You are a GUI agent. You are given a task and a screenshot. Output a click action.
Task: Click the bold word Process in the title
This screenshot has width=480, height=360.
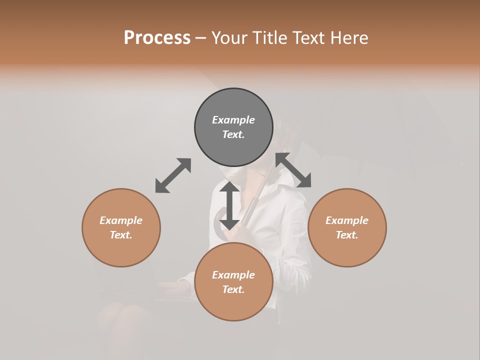coord(157,38)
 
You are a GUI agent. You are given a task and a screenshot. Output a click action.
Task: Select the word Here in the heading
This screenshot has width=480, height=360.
coord(349,38)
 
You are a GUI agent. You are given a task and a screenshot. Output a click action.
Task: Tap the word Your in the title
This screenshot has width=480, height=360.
coord(229,38)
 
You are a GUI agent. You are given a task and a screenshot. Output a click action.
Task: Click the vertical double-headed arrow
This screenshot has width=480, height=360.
coord(229,205)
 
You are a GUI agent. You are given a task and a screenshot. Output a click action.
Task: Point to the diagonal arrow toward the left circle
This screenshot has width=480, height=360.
coord(173,175)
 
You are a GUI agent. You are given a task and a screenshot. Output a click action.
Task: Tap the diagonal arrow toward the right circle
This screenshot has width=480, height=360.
coord(293,170)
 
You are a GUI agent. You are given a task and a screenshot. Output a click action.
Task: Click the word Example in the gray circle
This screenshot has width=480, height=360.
coord(233,120)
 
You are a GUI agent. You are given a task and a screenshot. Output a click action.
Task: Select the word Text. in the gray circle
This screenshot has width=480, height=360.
coord(233,134)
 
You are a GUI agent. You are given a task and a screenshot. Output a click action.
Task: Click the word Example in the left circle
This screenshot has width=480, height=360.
coord(121,220)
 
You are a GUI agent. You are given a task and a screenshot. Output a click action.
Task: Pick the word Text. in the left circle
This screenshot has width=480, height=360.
coord(121,235)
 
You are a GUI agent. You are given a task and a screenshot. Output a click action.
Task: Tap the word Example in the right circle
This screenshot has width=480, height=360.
coord(347,220)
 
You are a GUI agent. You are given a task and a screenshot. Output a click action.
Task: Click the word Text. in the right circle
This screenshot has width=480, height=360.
coord(347,235)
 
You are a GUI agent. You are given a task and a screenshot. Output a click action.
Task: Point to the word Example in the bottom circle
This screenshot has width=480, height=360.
coord(233,275)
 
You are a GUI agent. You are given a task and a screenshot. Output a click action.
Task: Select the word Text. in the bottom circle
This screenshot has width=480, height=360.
coord(233,289)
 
